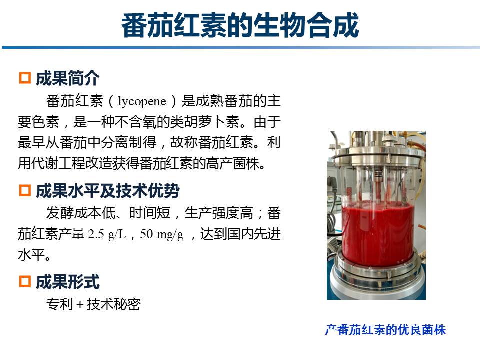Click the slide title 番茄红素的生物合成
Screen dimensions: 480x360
pyautogui.click(x=240, y=25)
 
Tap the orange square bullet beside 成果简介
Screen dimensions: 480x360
pyautogui.click(x=25, y=78)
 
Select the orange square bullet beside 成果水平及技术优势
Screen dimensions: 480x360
pyautogui.click(x=25, y=190)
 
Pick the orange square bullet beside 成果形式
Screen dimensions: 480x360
pyautogui.click(x=25, y=281)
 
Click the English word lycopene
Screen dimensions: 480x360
pyautogui.click(x=142, y=101)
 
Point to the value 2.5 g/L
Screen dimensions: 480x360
pyautogui.click(x=107, y=234)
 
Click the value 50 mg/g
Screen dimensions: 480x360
pyautogui.click(x=162, y=234)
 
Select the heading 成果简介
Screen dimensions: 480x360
pyautogui.click(x=67, y=78)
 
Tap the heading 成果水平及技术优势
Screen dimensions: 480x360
pyautogui.click(x=108, y=190)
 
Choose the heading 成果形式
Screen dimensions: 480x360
pyautogui.click(x=67, y=282)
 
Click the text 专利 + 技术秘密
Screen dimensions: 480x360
pyautogui.click(x=93, y=304)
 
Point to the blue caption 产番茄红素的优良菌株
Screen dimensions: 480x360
pyautogui.click(x=385, y=330)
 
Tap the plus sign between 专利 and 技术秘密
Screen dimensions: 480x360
pyautogui.click(x=80, y=305)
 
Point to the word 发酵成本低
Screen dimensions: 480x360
pyautogui.click(x=81, y=213)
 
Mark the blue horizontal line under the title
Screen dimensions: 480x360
pyautogui.click(x=241, y=47)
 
